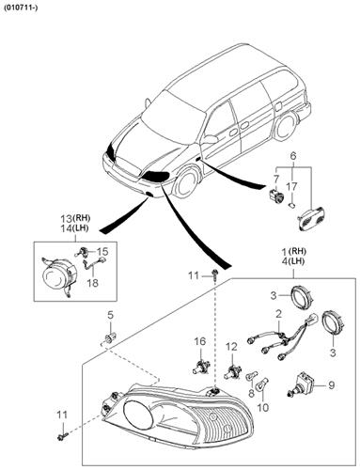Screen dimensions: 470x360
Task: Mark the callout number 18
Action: click(92, 282)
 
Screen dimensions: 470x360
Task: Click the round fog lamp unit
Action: click(55, 278)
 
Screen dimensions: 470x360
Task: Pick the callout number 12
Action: click(228, 348)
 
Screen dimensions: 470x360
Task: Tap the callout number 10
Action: click(264, 407)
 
